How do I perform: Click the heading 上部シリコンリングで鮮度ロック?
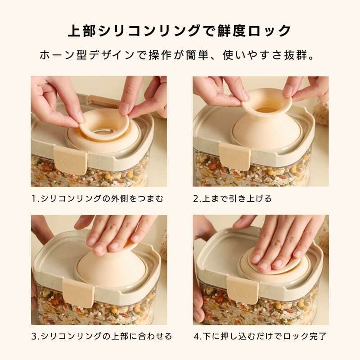(x=180, y=31)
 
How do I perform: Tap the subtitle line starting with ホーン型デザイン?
(x=177, y=55)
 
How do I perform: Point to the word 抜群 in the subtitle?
(x=295, y=55)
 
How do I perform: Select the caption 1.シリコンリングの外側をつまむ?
(x=97, y=198)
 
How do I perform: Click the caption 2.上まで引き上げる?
(x=232, y=198)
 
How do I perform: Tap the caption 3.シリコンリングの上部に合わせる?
(x=102, y=336)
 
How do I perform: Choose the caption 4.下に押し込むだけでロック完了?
(x=260, y=336)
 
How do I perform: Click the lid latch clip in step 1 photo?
(x=71, y=160)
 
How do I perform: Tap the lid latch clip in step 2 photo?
(x=234, y=156)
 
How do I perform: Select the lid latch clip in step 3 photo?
(x=78, y=293)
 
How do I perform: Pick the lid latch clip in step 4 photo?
(x=243, y=289)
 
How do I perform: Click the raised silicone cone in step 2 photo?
(x=266, y=124)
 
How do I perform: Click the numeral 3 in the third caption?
(x=34, y=337)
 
